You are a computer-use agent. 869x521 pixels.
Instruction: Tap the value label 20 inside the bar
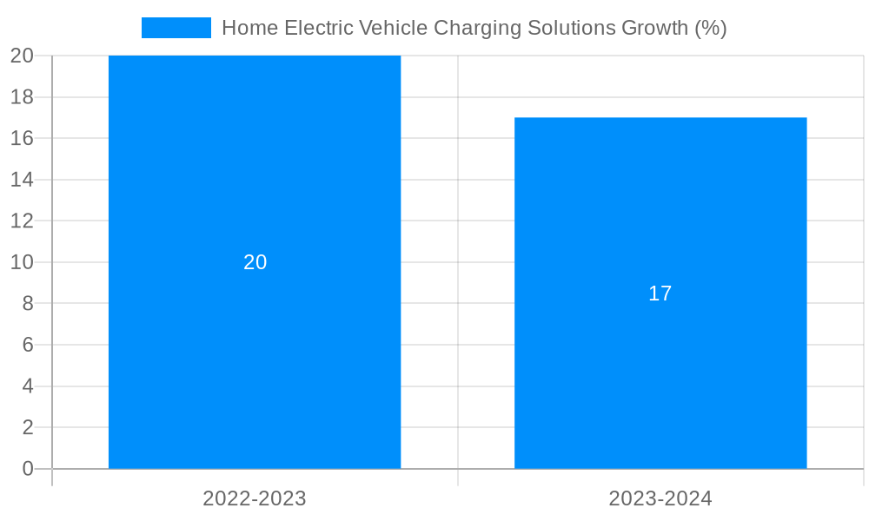pyautogui.click(x=255, y=262)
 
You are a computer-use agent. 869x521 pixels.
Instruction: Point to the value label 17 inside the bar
pyautogui.click(x=660, y=293)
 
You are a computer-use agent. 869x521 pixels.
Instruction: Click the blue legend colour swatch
pyautogui.click(x=176, y=28)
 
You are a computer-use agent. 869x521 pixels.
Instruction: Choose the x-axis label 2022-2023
pyautogui.click(x=255, y=498)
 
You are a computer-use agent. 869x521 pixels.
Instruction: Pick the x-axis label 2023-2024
pyautogui.click(x=660, y=498)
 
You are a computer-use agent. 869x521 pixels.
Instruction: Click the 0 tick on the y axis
pyautogui.click(x=28, y=469)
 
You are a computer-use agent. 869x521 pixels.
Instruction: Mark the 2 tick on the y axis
pyautogui.click(x=28, y=427)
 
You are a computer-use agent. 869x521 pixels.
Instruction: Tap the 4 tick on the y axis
pyautogui.click(x=28, y=386)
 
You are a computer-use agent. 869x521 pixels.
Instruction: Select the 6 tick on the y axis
pyautogui.click(x=28, y=345)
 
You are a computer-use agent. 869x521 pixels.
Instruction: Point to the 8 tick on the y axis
pyautogui.click(x=28, y=304)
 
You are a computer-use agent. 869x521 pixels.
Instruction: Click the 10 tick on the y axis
pyautogui.click(x=22, y=262)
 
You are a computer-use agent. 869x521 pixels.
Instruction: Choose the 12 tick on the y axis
pyautogui.click(x=22, y=221)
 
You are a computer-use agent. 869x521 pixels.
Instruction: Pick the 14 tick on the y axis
pyautogui.click(x=22, y=180)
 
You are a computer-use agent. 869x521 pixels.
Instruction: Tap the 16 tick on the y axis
pyautogui.click(x=22, y=138)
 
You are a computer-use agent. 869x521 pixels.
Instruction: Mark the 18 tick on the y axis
pyautogui.click(x=22, y=97)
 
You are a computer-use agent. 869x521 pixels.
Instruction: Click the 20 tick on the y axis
pyautogui.click(x=22, y=56)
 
